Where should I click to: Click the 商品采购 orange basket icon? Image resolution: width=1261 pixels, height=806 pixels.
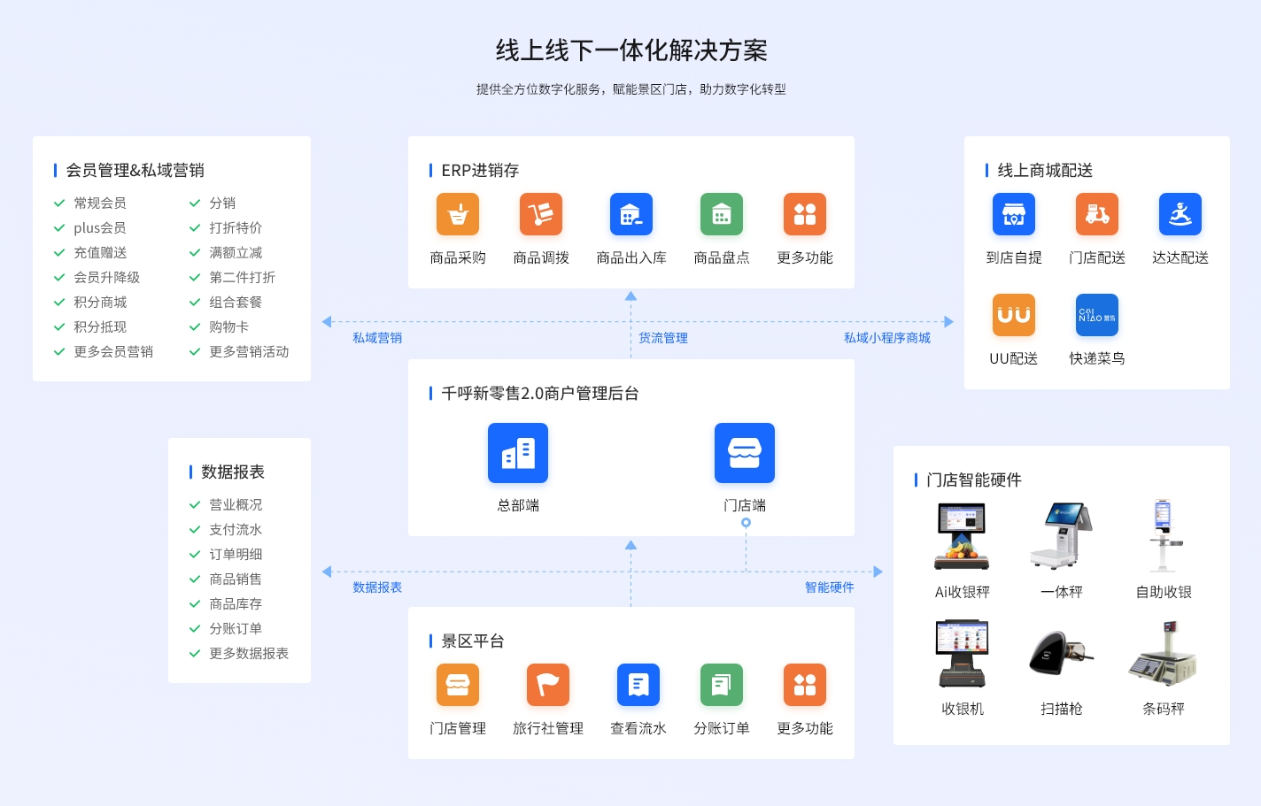click(x=458, y=214)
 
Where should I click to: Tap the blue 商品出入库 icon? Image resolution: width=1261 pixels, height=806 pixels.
click(x=631, y=214)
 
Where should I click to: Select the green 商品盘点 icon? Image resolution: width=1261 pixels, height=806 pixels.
click(x=722, y=214)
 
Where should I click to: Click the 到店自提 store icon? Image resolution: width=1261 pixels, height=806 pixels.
click(x=1014, y=214)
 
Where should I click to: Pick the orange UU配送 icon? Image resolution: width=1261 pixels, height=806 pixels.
click(x=1014, y=315)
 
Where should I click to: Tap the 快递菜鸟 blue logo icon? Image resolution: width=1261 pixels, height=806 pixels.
click(x=1097, y=315)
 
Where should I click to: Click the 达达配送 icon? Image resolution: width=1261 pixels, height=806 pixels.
click(x=1180, y=214)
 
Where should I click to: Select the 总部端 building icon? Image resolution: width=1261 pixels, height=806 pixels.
click(x=518, y=453)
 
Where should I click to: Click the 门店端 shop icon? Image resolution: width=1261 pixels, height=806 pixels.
click(x=745, y=453)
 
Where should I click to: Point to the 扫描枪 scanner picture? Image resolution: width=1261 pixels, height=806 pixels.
click(x=1061, y=654)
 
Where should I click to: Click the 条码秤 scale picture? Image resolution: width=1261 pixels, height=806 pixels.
click(x=1164, y=654)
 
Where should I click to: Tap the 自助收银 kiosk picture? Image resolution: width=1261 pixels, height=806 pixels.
click(x=1164, y=536)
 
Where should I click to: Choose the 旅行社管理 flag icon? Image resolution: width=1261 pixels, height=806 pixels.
click(x=548, y=685)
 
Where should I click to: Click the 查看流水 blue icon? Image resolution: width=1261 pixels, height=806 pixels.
click(x=638, y=685)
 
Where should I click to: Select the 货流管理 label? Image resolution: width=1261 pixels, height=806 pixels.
click(x=663, y=338)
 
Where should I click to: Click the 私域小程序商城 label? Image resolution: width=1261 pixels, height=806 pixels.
click(x=887, y=338)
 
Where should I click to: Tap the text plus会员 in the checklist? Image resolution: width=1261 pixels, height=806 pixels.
click(x=100, y=228)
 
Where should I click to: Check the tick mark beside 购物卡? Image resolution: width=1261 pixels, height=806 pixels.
click(x=195, y=327)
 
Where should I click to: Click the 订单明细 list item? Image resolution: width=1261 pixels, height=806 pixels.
click(x=236, y=555)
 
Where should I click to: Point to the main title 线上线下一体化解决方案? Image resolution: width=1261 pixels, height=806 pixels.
click(x=631, y=50)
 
